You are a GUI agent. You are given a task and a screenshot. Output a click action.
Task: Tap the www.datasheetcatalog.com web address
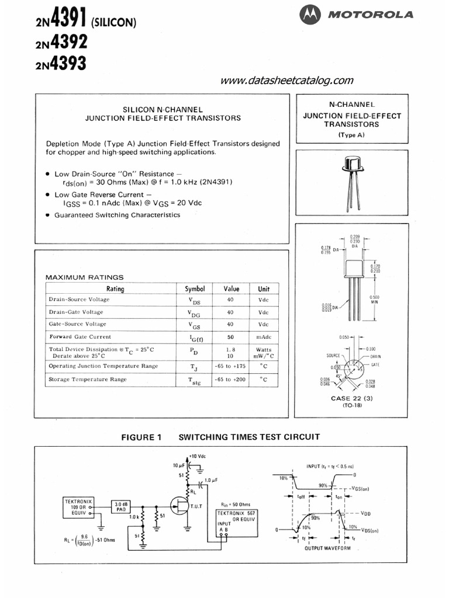coord(287,81)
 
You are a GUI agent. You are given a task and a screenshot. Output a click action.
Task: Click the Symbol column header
coord(195,288)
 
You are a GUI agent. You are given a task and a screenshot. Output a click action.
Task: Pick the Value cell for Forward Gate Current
coord(230,337)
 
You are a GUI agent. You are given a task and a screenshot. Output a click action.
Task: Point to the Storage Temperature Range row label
coord(88,380)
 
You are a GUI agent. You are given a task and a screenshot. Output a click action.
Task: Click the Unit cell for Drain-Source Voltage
coord(264,300)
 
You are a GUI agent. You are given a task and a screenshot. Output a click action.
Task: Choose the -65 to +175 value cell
coord(230,366)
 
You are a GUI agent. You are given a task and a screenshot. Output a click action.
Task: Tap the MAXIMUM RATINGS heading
coord(85,277)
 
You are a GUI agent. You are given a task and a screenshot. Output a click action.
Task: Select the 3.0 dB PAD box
coord(121,507)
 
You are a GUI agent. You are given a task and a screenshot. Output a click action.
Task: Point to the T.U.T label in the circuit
coord(195,505)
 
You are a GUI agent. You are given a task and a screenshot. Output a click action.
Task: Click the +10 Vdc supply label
coord(198,456)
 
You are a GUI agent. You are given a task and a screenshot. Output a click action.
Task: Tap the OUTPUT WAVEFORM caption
coord(328,548)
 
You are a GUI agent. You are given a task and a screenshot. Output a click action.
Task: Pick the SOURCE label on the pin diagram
coord(334,356)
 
